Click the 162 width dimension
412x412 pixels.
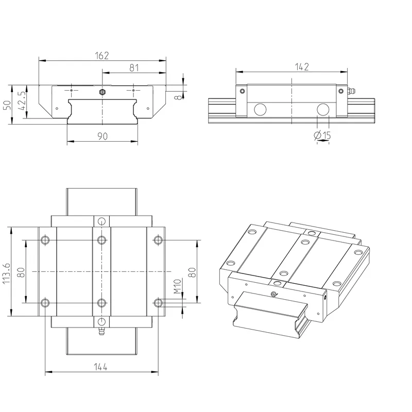(101, 56)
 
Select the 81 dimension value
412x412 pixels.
(134, 68)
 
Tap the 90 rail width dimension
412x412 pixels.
(102, 136)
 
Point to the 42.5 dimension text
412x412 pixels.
(22, 100)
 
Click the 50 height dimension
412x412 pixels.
(7, 105)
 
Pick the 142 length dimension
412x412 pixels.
(302, 67)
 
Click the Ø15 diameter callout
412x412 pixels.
(322, 135)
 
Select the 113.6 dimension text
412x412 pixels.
(6, 273)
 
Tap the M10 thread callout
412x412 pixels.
(178, 286)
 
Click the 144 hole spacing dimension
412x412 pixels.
(100, 367)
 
